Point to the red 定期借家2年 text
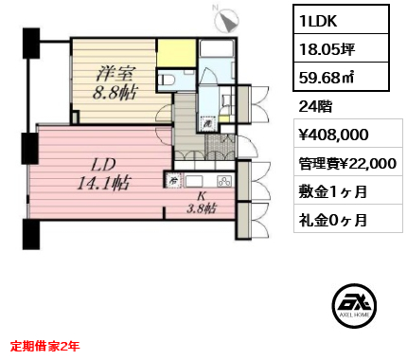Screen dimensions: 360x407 coord(45,346)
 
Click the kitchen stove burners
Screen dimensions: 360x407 coord(223,180)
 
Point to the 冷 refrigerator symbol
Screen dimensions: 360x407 coord(174,179)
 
